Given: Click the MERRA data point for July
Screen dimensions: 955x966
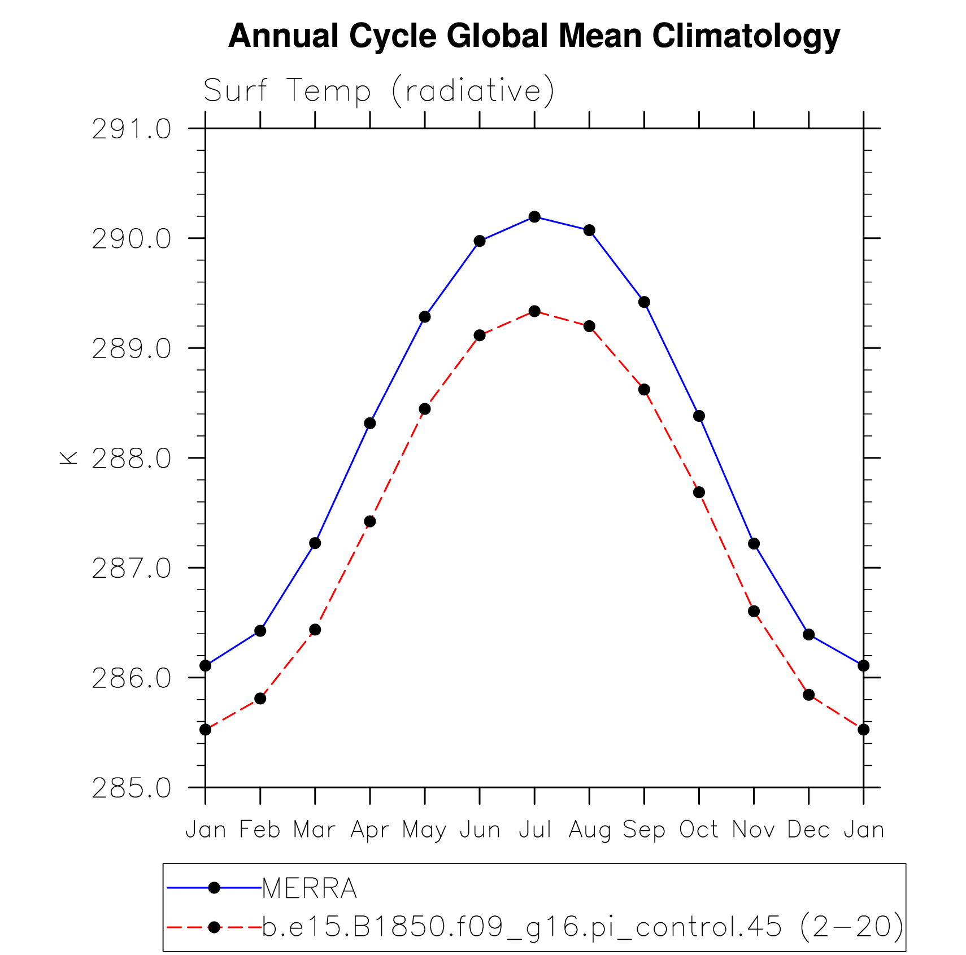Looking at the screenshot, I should click(x=534, y=217).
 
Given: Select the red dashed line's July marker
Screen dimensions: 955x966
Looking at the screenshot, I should click(x=534, y=311).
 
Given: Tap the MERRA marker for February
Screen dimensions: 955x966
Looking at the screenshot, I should click(x=260, y=631).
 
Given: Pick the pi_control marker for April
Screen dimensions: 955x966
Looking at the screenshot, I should click(x=369, y=521).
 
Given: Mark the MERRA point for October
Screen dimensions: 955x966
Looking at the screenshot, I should click(x=699, y=416).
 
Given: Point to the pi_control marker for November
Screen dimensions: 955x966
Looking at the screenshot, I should click(x=754, y=611).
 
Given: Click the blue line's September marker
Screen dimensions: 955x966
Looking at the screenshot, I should click(x=644, y=302).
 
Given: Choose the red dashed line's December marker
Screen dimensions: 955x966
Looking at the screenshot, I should click(x=808, y=695).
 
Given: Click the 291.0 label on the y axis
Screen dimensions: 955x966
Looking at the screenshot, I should click(x=131, y=129).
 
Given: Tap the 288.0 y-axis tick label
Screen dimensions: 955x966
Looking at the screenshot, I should click(x=131, y=459).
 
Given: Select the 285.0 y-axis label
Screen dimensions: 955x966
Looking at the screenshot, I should click(x=131, y=788).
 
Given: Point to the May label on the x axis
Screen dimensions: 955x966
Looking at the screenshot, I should click(x=424, y=830).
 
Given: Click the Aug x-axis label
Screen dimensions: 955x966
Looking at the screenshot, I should click(x=589, y=830).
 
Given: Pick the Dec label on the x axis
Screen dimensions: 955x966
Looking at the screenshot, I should click(x=808, y=830).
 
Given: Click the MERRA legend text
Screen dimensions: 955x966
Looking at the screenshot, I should click(x=310, y=888).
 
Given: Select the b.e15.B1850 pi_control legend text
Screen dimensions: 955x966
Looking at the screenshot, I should click(x=582, y=927).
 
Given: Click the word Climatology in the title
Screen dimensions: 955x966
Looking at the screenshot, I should click(x=746, y=36).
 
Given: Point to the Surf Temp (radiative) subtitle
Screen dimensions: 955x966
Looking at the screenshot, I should click(x=378, y=90).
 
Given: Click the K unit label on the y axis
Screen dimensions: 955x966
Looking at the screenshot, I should click(x=68, y=458).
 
